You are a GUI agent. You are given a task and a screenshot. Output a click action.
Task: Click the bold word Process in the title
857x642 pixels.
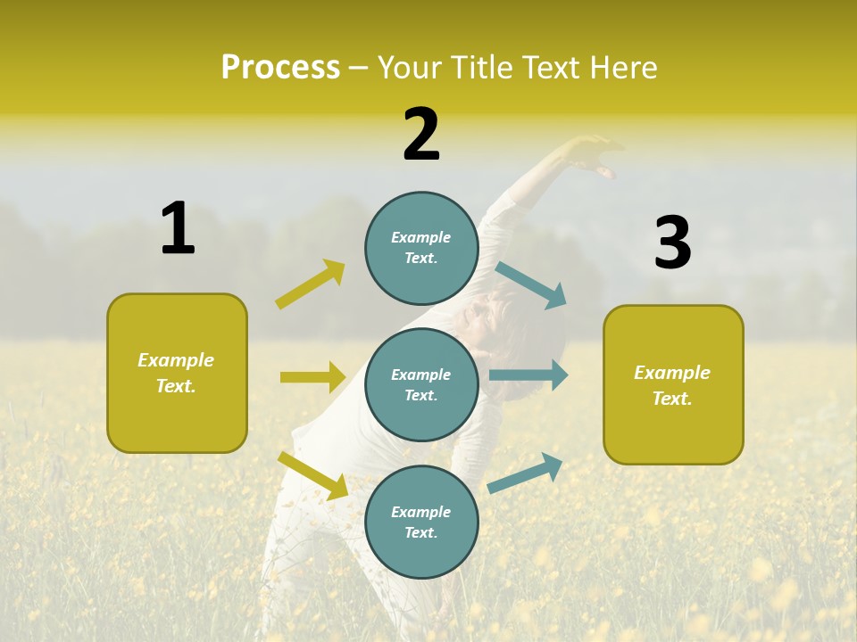[280, 67]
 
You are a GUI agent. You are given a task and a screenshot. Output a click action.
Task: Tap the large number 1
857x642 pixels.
[178, 228]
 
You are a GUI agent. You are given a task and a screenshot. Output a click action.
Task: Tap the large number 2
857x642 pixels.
[421, 135]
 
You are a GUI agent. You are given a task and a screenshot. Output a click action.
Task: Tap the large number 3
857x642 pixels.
[672, 243]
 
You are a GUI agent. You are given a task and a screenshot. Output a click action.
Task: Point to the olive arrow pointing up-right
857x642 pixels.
[311, 284]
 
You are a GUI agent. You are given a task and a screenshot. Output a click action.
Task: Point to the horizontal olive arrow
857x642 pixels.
[312, 377]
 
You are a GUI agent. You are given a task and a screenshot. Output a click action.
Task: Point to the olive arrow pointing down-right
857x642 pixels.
[313, 475]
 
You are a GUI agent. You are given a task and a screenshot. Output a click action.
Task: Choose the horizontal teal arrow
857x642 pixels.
[528, 375]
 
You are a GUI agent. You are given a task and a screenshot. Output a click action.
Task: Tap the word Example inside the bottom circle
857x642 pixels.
[420, 512]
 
